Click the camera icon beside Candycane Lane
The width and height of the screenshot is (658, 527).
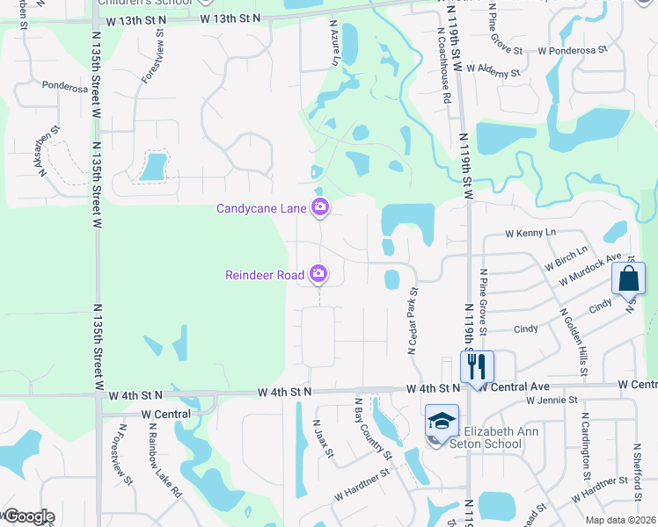coord(320,208)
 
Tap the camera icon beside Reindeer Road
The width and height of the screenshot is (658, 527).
coord(318,276)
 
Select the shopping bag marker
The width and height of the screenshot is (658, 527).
coord(629,278)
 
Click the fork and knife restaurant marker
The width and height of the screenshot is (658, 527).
coord(476,366)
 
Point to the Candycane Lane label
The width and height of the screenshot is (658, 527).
coord(261,208)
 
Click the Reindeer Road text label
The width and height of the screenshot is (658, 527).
coord(266,276)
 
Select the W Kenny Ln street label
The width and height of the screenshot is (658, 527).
coord(531,234)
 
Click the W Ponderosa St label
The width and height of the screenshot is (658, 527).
coord(573,50)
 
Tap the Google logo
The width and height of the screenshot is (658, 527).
coord(28,516)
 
